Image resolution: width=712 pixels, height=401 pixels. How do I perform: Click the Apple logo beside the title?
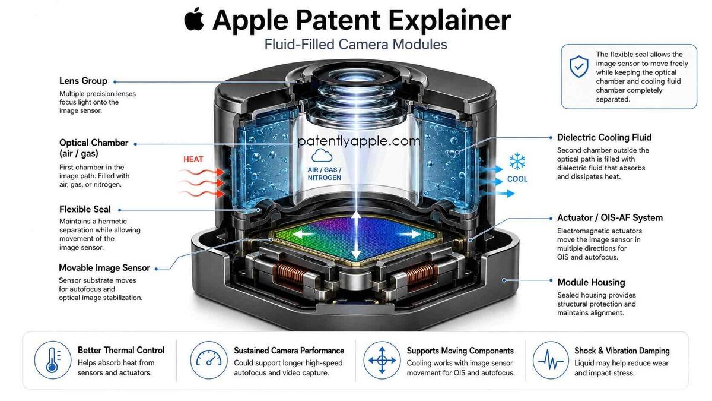coord(194,19)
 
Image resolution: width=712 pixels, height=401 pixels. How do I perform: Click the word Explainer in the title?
coord(450,20)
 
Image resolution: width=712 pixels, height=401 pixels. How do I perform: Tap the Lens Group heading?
coord(83,81)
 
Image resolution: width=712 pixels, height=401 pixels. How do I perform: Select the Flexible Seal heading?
coord(85,209)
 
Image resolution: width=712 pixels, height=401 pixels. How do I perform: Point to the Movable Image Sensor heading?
coord(104,268)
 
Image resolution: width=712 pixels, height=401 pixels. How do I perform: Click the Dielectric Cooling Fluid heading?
coord(604,137)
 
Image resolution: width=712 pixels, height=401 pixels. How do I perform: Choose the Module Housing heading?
coord(591,282)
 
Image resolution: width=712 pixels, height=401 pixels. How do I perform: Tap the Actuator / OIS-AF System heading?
coord(610,218)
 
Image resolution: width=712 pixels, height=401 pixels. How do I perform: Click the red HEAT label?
coord(193,159)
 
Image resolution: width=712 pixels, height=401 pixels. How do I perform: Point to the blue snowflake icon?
coord(517,162)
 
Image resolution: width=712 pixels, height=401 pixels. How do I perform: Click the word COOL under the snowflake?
coord(517,179)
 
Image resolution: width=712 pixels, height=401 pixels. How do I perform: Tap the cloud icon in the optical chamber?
coord(322,155)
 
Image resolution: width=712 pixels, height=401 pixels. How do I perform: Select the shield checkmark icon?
coord(579,67)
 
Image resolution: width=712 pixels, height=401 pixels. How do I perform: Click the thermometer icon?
coord(53,360)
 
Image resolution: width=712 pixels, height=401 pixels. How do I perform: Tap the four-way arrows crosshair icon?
coord(382,360)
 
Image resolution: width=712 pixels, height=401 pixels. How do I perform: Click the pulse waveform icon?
coord(551,360)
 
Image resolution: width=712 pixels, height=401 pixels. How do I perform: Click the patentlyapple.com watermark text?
coord(358,141)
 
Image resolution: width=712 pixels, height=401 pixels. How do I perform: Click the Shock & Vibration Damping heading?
coord(622,351)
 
